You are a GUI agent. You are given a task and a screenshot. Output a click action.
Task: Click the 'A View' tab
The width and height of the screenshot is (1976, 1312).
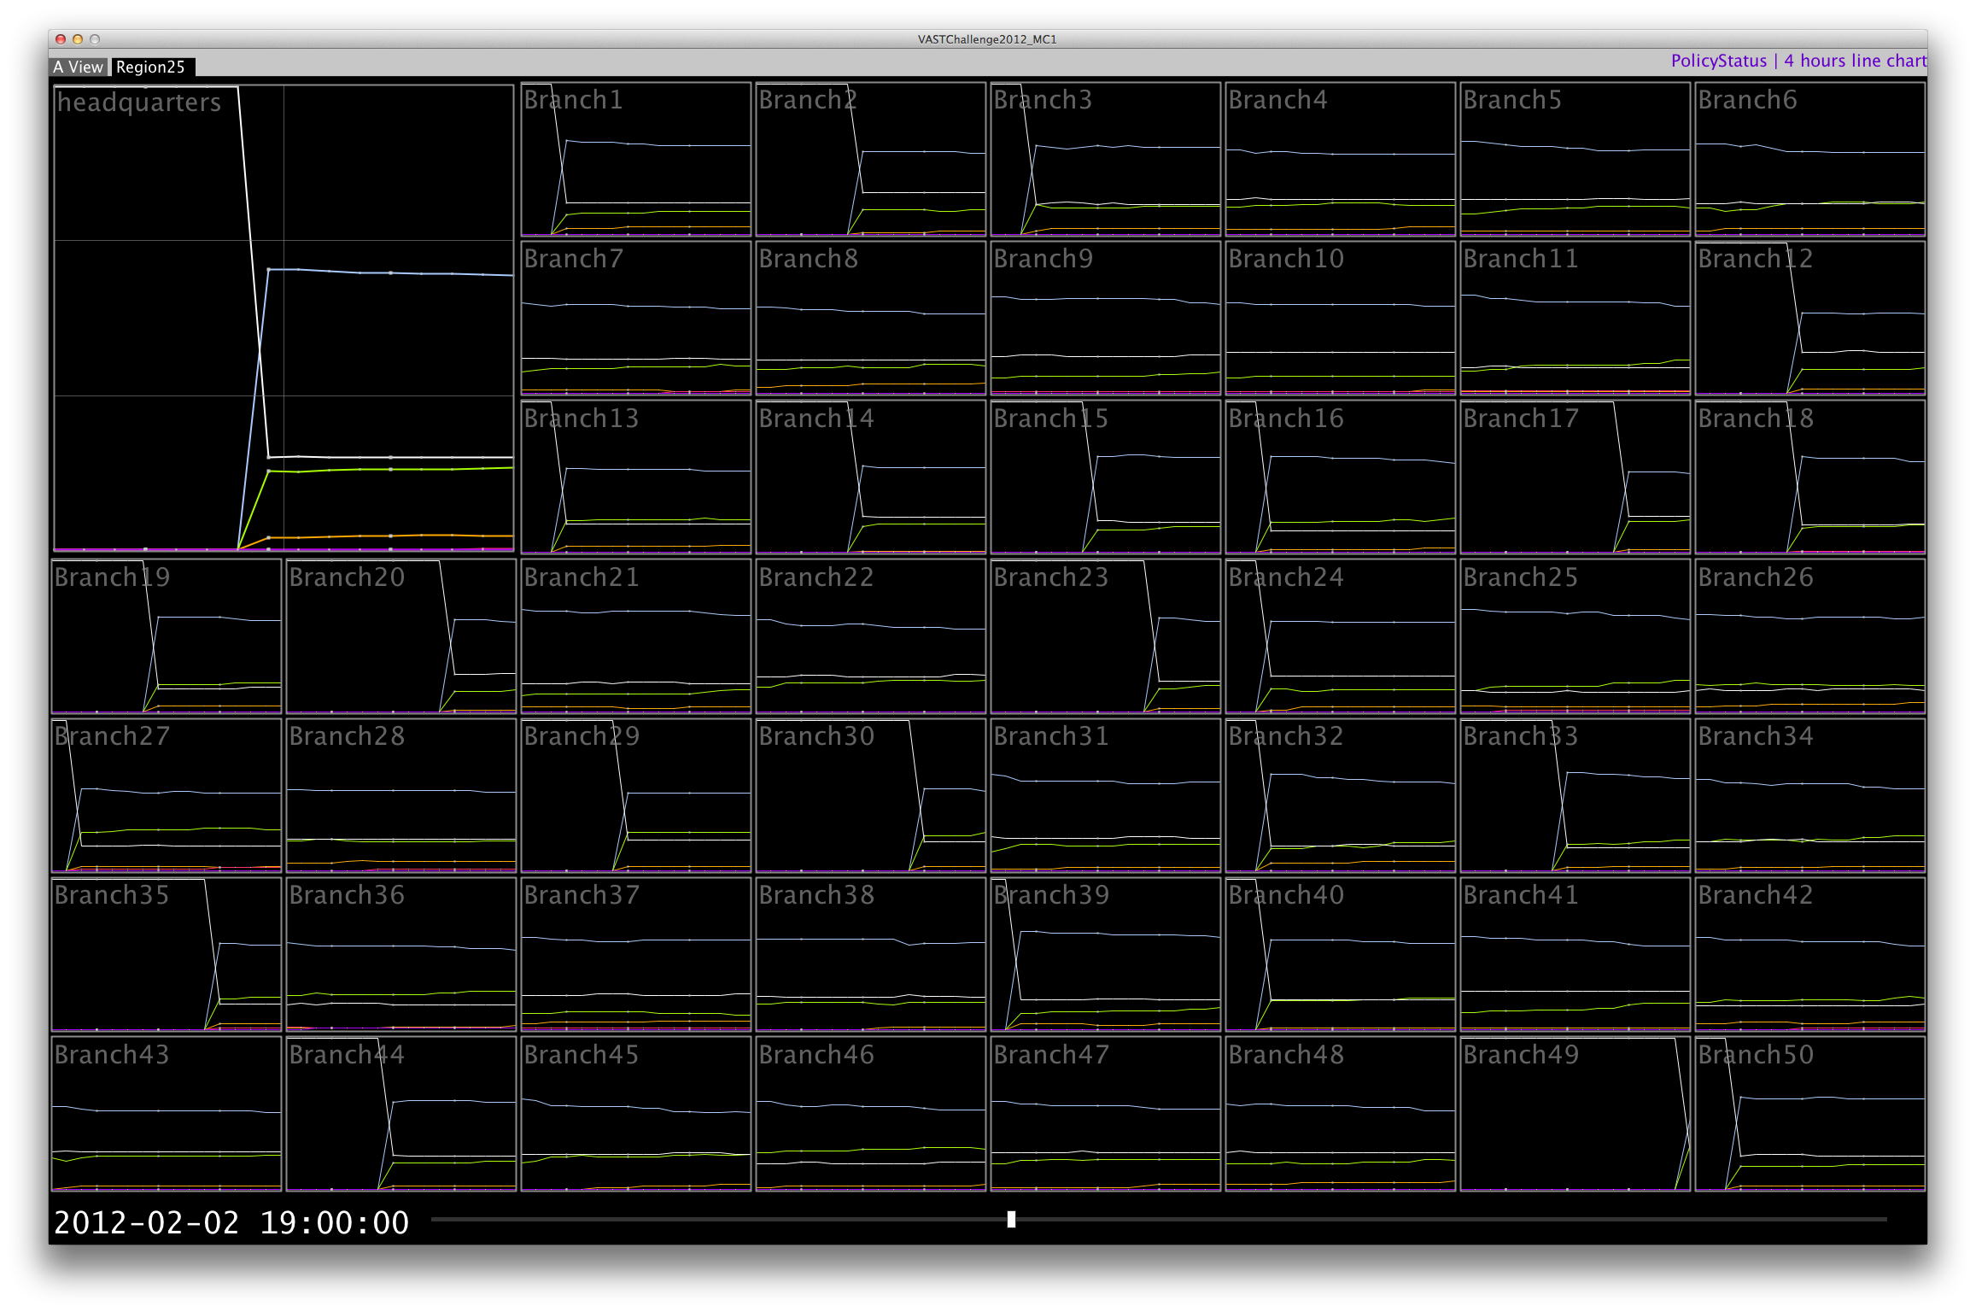pos(79,67)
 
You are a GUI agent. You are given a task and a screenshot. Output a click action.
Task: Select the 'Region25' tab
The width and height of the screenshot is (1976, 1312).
pos(151,67)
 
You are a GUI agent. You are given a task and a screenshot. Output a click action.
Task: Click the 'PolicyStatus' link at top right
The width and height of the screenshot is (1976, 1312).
pos(1718,61)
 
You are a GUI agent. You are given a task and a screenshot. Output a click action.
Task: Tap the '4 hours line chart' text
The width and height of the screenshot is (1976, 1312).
pos(1855,61)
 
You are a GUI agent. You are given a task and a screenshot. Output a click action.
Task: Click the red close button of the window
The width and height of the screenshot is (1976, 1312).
pos(61,39)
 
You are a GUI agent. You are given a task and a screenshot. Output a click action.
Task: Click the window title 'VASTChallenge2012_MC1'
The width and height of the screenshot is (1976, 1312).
pos(987,39)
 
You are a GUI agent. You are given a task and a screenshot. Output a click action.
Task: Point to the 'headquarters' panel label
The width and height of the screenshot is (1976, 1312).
pos(139,102)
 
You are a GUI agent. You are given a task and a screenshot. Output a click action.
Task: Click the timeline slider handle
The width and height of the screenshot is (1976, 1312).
pos(1011,1219)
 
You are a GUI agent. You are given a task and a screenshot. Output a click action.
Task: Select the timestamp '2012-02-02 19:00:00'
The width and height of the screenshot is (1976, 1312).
pos(231,1222)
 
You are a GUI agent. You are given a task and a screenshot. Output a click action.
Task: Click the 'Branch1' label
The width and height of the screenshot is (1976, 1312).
pos(573,100)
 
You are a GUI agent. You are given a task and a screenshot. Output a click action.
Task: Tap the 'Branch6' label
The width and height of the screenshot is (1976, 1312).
pos(1747,100)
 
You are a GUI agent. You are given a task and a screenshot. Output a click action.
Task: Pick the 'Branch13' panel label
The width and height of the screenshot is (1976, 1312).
pos(581,419)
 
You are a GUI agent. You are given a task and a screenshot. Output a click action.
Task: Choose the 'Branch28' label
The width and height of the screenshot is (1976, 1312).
pos(347,736)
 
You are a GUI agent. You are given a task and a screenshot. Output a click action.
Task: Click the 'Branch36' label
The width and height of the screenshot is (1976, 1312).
pos(347,895)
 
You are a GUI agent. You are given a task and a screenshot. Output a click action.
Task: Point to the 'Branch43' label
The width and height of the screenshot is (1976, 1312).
pos(112,1055)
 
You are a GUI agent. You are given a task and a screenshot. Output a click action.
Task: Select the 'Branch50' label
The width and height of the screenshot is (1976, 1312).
pos(1755,1055)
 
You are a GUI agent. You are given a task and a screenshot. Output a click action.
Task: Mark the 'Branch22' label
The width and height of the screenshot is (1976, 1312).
pos(816,577)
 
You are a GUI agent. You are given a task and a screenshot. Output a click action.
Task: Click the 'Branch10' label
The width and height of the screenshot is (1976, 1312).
pos(1286,259)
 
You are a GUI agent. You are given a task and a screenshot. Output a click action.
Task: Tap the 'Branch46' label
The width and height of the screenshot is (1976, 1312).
pos(816,1055)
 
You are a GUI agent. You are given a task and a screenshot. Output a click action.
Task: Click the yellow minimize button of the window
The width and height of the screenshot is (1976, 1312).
pos(78,39)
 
